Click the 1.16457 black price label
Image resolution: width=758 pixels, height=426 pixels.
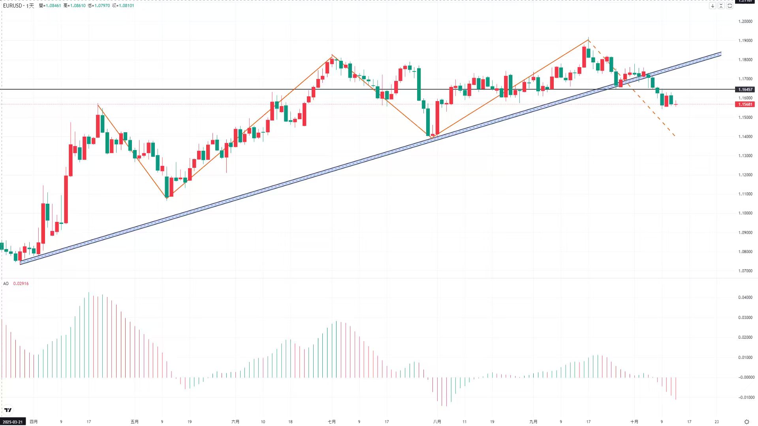click(745, 90)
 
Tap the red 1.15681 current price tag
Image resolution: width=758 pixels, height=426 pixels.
click(745, 104)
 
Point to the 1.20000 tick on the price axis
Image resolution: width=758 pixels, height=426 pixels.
click(745, 21)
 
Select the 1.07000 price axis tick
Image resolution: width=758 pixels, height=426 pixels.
click(745, 271)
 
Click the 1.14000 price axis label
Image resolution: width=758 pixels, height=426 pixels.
click(745, 137)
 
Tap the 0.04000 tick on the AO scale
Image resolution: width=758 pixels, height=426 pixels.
click(745, 297)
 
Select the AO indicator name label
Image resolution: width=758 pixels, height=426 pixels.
click(6, 283)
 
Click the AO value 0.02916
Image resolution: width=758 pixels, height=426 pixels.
click(21, 283)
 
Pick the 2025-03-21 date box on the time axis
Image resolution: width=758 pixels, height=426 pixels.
click(13, 422)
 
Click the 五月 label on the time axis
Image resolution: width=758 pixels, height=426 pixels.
click(135, 422)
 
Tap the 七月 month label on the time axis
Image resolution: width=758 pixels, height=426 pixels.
click(332, 422)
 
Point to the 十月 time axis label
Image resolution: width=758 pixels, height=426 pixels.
click(634, 422)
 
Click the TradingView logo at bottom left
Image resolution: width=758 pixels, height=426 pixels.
click(8, 410)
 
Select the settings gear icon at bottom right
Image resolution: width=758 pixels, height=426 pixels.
click(747, 422)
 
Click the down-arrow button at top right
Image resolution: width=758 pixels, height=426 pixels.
click(713, 6)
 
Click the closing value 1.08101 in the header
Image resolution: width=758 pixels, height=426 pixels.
click(126, 6)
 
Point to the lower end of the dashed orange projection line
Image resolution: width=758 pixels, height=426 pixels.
click(675, 136)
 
